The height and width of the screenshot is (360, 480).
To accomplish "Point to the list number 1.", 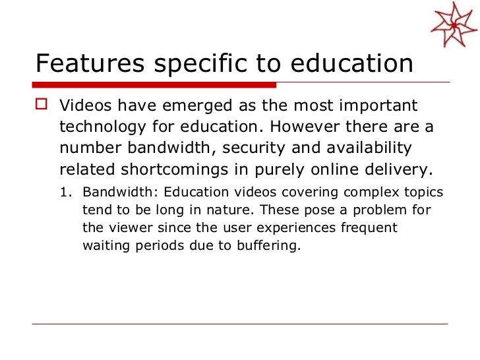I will pos(65,193).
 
